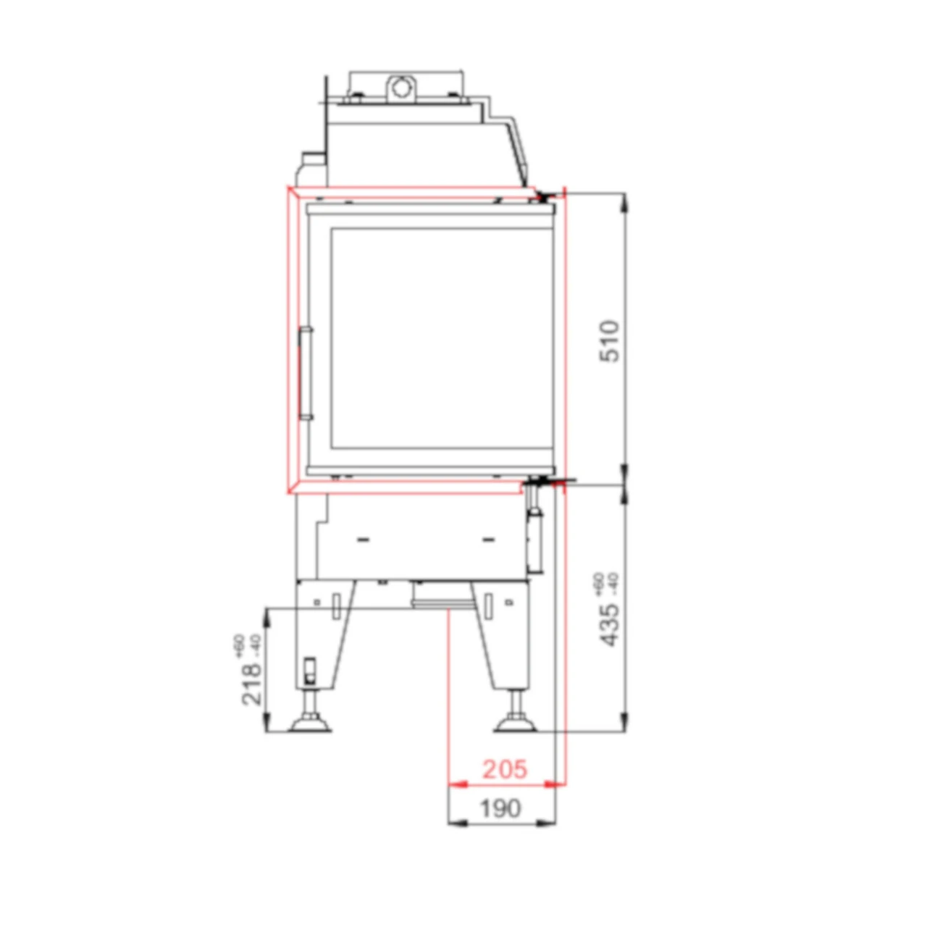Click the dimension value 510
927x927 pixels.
(610, 341)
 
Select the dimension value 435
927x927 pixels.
(610, 624)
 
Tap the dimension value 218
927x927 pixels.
(251, 684)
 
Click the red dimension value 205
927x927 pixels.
(505, 768)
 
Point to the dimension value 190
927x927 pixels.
(500, 808)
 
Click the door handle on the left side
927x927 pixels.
(306, 374)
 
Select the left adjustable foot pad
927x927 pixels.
(311, 724)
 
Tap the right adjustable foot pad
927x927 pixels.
(516, 724)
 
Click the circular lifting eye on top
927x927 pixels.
(400, 88)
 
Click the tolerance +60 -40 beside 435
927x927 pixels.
(605, 583)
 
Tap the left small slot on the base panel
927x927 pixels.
(364, 540)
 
